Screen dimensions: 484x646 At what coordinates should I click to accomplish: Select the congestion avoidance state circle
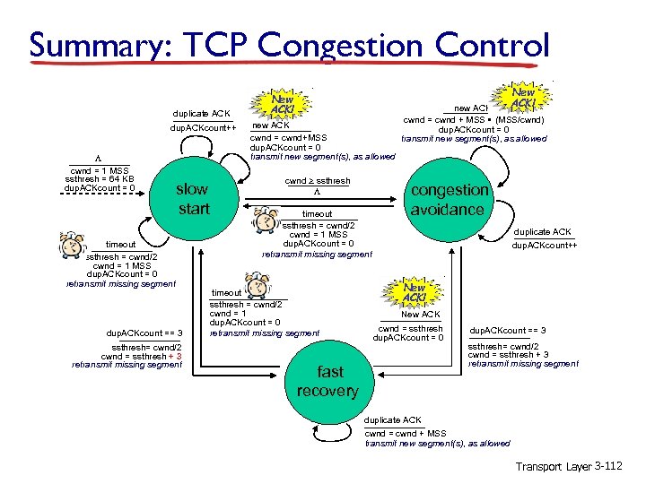pos(449,200)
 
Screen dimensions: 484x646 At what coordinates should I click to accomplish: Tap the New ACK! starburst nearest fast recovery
pos(414,292)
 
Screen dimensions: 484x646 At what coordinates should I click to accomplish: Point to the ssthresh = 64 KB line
pos(98,179)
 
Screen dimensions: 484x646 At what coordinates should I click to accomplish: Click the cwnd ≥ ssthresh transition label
pos(317,181)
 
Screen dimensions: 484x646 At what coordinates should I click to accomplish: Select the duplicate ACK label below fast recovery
pos(393,420)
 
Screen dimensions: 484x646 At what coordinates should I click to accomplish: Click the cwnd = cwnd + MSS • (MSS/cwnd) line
pos(473,119)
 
